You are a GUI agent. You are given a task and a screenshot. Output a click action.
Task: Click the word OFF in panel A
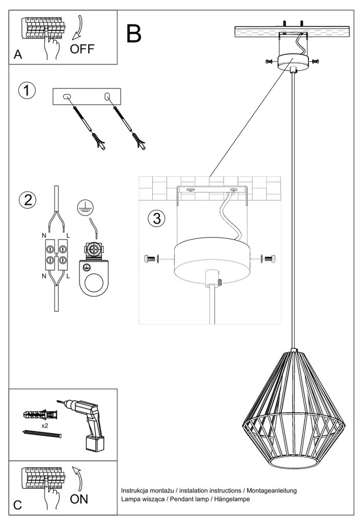tap(82, 50)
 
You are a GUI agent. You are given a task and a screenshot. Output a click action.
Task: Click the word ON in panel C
tap(79, 499)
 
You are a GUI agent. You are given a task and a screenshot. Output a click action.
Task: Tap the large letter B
tap(134, 34)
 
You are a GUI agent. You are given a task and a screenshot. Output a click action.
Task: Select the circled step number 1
tap(27, 91)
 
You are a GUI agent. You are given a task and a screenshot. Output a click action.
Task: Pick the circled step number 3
tap(156, 219)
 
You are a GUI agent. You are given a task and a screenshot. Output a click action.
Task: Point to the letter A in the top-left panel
tap(18, 56)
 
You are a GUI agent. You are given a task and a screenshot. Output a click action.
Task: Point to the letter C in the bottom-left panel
tap(18, 505)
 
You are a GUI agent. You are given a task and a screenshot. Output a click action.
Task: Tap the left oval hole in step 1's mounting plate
tap(67, 97)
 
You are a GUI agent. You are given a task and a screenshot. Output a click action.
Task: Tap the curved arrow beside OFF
tap(79, 28)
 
